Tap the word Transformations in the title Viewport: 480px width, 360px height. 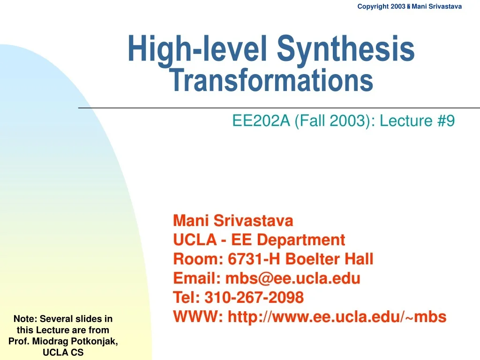pyautogui.click(x=271, y=81)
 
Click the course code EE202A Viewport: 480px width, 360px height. pyautogui.click(x=261, y=121)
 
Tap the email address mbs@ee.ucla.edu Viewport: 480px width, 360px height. pyautogui.click(x=292, y=278)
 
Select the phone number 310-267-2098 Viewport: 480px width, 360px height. pyautogui.click(x=254, y=297)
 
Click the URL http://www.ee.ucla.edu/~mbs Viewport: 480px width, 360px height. pyautogui.click(x=337, y=317)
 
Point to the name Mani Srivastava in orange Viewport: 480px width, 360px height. pyautogui.click(x=233, y=220)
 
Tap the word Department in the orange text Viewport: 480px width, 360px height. pyautogui.click(x=301, y=240)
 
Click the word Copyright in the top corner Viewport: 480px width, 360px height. pyautogui.click(x=373, y=6)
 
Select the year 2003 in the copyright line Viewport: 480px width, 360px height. pyautogui.click(x=398, y=6)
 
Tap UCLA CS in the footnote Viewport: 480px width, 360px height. pyautogui.click(x=63, y=353)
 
